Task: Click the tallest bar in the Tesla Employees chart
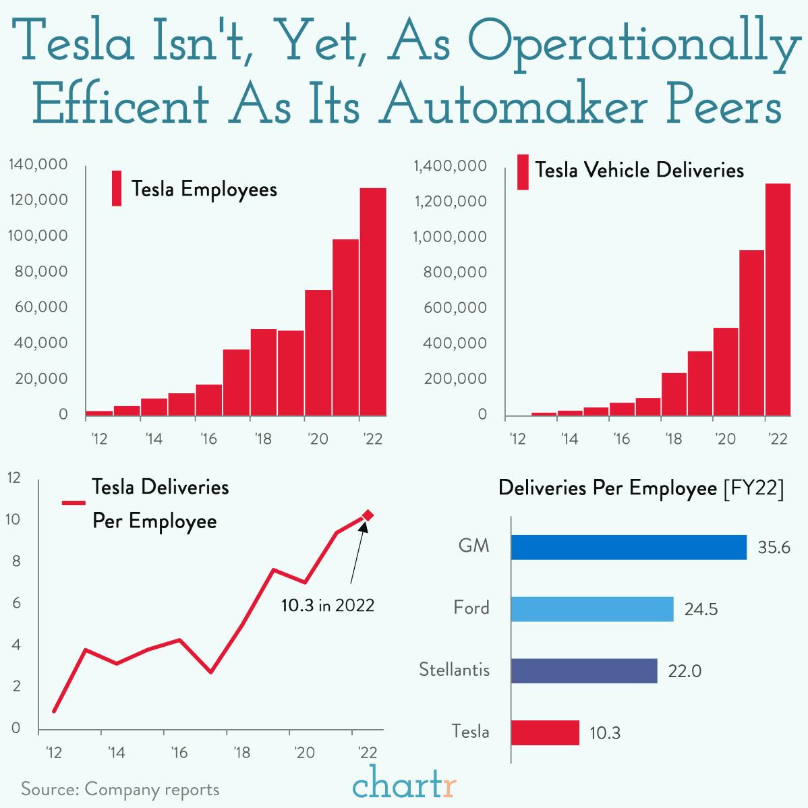point(373,301)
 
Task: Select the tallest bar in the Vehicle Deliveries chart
point(778,299)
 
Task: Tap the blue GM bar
point(629,547)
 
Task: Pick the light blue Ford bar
point(592,609)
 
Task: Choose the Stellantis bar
point(584,671)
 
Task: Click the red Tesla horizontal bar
point(545,732)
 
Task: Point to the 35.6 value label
point(774,548)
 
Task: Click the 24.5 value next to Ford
point(701,610)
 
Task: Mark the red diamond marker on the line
point(368,515)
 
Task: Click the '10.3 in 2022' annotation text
point(328,606)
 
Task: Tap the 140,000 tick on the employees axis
point(38,165)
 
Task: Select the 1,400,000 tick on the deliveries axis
point(450,166)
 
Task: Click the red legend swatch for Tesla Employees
point(117,188)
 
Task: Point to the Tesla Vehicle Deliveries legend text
point(639,170)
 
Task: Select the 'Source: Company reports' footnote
point(120,789)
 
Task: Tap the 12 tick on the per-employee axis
point(13,478)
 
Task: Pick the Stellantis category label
point(454,670)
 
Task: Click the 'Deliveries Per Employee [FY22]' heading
point(641,488)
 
